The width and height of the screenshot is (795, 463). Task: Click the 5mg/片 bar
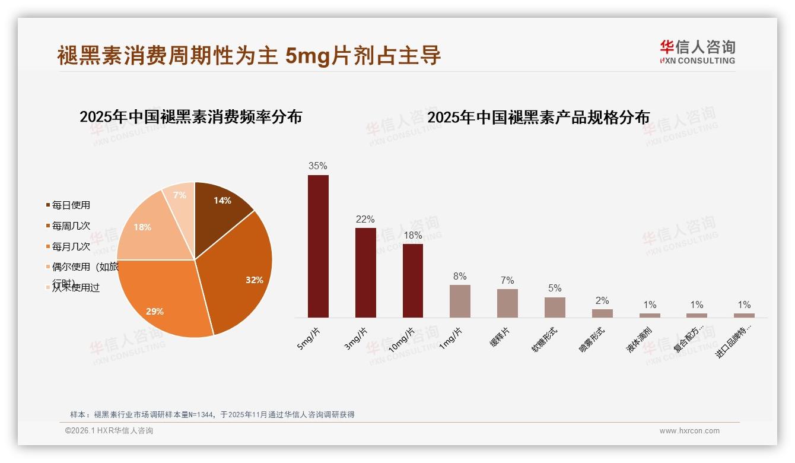coord(318,246)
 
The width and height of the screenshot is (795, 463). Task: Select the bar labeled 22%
coord(365,272)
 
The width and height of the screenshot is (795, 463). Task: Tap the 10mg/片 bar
coord(413,280)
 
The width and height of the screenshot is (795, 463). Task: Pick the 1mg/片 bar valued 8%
coord(460,301)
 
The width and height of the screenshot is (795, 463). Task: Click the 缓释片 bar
coord(507,303)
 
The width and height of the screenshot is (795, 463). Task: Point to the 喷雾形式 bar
coord(602,313)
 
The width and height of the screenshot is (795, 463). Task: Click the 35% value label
coord(317,166)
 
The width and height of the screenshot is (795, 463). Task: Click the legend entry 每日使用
coord(71,205)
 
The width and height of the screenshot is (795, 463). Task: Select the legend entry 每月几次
coord(71,246)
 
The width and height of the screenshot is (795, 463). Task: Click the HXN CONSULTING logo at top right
coord(698,52)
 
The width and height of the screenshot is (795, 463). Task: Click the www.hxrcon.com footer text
coord(689,431)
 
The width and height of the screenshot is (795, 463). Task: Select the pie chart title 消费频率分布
coord(190,117)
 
